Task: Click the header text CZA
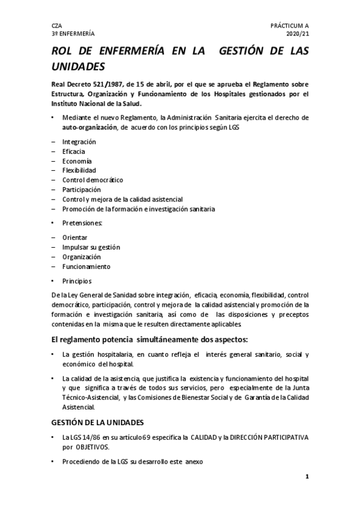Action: point(57,26)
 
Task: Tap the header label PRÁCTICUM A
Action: point(290,26)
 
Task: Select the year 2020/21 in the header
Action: point(297,35)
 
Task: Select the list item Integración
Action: point(79,141)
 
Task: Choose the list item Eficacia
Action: point(74,151)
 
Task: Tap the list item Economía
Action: point(77,161)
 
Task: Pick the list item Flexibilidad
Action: point(79,170)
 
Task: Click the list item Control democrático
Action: point(93,180)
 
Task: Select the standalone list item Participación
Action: point(82,189)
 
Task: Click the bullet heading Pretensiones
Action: point(82,223)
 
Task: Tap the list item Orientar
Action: point(75,238)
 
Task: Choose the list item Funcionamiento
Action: point(87,266)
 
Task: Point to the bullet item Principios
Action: point(77,281)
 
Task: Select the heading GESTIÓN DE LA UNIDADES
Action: point(99,422)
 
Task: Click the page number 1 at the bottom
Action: point(307,477)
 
